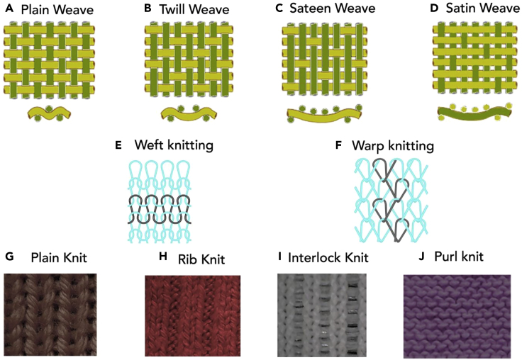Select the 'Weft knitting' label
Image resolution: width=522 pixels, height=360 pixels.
[x=174, y=146]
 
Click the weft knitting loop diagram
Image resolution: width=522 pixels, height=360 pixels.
[x=159, y=202]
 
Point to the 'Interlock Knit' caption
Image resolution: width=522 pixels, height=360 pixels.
[x=330, y=258]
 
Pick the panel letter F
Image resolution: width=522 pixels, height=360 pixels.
[x=338, y=147]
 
